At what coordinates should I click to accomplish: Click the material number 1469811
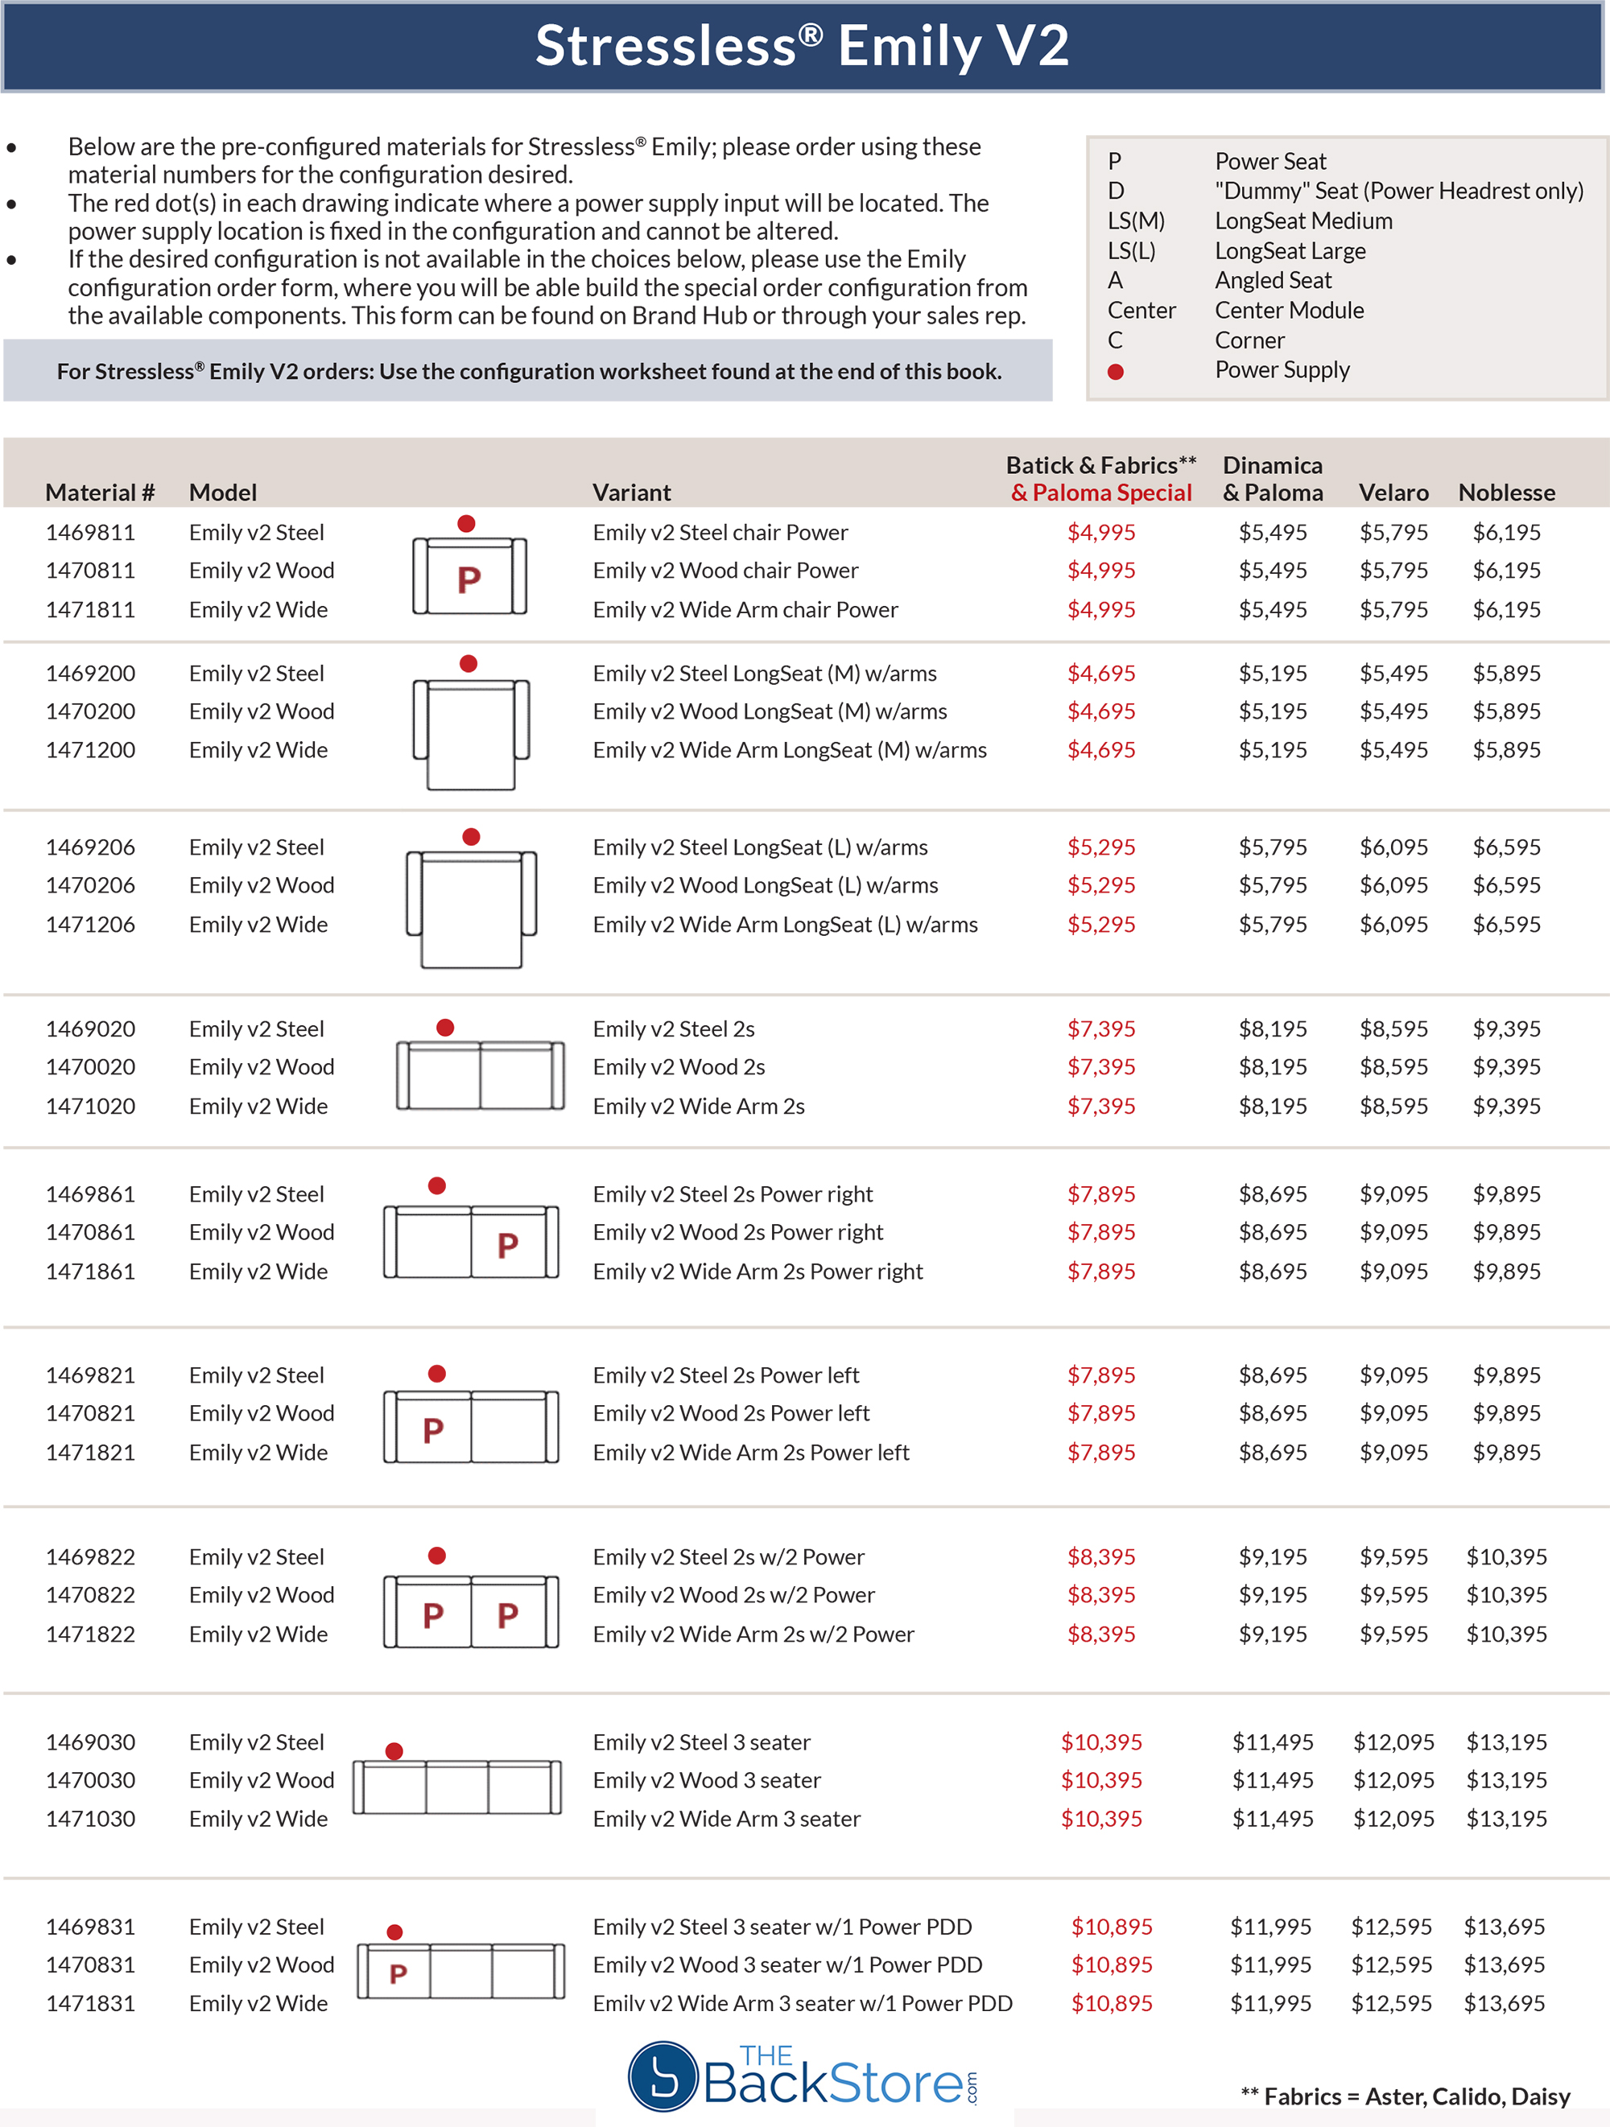pyautogui.click(x=90, y=532)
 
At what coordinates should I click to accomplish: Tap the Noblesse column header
pyautogui.click(x=1506, y=493)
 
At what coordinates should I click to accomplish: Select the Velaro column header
pyautogui.click(x=1393, y=493)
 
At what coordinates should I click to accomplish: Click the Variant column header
pyautogui.click(x=631, y=493)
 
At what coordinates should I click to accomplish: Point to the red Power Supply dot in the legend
pyautogui.click(x=1116, y=371)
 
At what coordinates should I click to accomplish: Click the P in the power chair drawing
pyautogui.click(x=469, y=579)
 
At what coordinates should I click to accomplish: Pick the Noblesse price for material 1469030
pyautogui.click(x=1506, y=1742)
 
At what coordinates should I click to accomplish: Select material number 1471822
pyautogui.click(x=90, y=1634)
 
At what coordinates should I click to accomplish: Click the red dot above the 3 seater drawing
pyautogui.click(x=394, y=1751)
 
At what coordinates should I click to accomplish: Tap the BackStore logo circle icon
pyautogui.click(x=663, y=2076)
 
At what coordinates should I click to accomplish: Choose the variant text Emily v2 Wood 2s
pyautogui.click(x=678, y=1066)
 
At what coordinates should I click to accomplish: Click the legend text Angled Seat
pyautogui.click(x=1273, y=280)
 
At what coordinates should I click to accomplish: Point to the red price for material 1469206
pyautogui.click(x=1101, y=847)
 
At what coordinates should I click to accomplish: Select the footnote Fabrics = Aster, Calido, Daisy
pyautogui.click(x=1406, y=2096)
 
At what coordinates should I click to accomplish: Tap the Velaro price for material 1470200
pyautogui.click(x=1393, y=711)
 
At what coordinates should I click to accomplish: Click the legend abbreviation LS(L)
pyautogui.click(x=1131, y=250)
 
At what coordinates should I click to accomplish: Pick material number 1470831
pyautogui.click(x=90, y=1964)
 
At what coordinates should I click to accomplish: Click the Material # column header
pyautogui.click(x=99, y=493)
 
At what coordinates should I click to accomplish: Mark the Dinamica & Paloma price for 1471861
pyautogui.click(x=1273, y=1272)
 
